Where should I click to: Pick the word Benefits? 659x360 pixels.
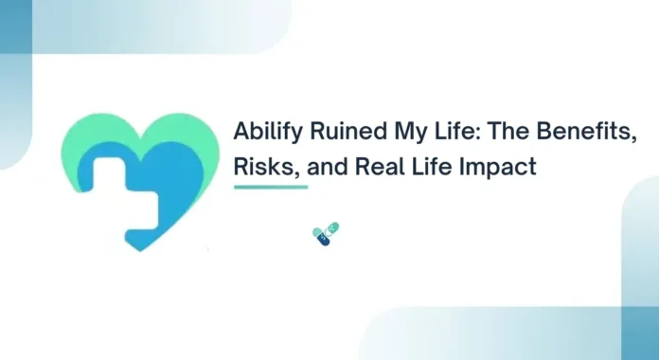coord(558,134)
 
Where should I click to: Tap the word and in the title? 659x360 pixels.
coord(322,168)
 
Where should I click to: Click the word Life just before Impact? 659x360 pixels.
coord(426,168)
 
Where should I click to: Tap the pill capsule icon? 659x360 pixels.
coord(326,235)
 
